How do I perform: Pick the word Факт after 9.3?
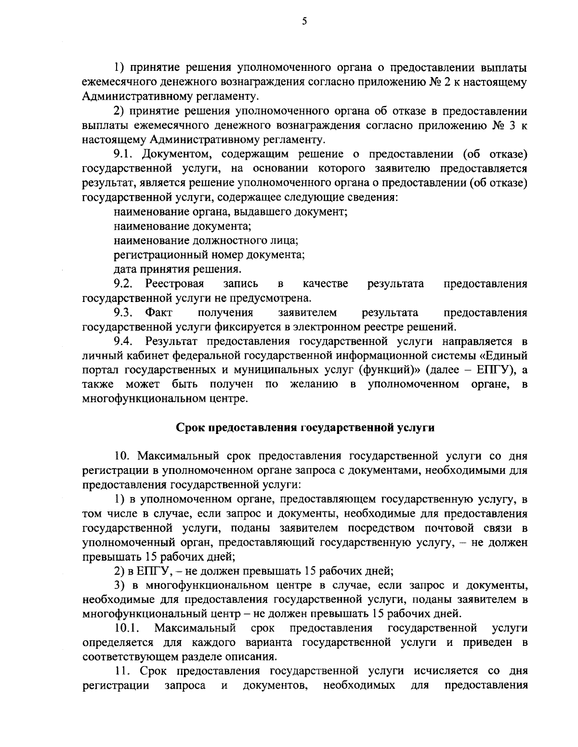click(159, 313)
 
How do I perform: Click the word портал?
click(99, 371)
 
